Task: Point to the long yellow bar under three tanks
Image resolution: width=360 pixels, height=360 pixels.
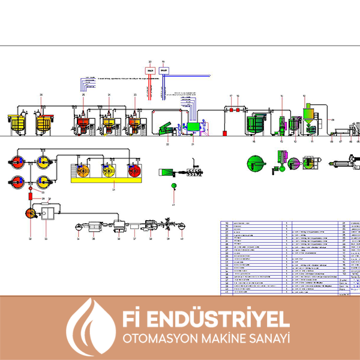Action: [x=108, y=178]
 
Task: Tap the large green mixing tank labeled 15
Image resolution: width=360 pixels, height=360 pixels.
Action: [x=257, y=124]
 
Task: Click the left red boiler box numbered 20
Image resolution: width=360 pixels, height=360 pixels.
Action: [x=151, y=70]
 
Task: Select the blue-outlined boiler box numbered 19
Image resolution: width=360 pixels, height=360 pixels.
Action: [x=163, y=70]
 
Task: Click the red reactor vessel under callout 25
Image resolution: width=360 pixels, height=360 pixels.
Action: [x=82, y=124]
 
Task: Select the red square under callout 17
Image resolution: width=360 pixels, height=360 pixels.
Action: [x=229, y=110]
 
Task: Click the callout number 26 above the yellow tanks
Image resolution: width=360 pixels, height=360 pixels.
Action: [x=41, y=95]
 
